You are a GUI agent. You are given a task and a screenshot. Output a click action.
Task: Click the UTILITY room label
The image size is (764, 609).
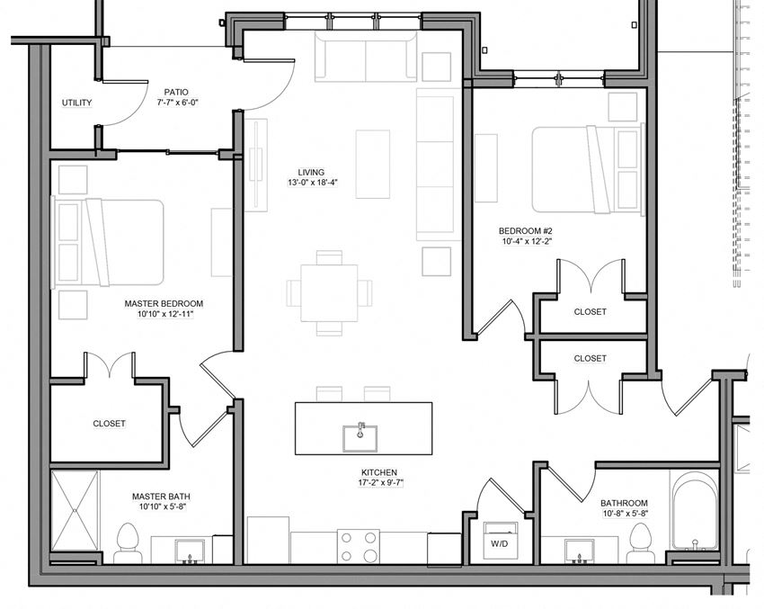click(x=76, y=103)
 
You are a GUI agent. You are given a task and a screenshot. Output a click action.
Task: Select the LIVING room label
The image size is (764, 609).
click(x=312, y=172)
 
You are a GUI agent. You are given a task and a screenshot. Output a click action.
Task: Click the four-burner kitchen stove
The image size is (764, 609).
click(x=358, y=546)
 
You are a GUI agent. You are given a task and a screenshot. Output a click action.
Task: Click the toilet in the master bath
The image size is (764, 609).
click(x=127, y=542)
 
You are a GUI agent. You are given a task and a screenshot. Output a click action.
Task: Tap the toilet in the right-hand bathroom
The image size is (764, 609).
click(x=640, y=542)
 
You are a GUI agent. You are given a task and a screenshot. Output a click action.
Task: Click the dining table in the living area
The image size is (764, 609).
click(x=329, y=292)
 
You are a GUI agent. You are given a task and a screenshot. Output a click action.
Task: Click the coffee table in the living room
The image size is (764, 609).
click(x=373, y=164)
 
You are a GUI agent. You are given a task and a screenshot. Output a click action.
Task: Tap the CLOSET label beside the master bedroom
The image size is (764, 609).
click(x=109, y=423)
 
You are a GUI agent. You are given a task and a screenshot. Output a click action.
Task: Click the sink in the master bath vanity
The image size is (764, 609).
click(x=190, y=550)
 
